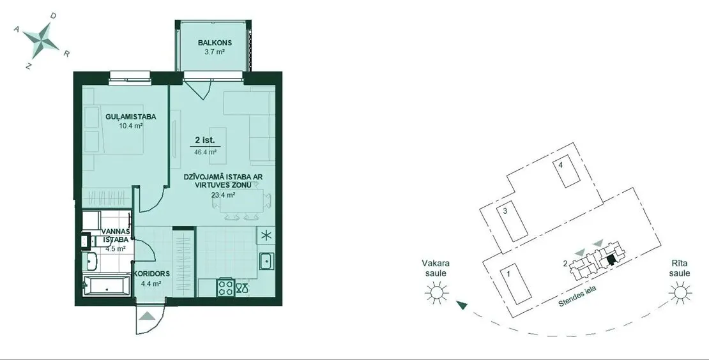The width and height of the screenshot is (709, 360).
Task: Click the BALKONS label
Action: point(215,43)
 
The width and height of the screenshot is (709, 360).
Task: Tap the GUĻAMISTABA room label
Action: point(131,117)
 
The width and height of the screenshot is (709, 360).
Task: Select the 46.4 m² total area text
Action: point(205,152)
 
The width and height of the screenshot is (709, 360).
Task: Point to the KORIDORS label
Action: point(151,274)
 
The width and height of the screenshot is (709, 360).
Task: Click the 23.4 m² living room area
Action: point(223,195)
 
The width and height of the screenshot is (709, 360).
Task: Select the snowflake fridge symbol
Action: point(266,236)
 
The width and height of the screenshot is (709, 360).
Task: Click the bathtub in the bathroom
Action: point(107,285)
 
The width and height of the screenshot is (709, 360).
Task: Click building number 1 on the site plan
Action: point(516,285)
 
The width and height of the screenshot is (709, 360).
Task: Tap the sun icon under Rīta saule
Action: point(680,293)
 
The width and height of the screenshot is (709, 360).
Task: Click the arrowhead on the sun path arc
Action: point(461,305)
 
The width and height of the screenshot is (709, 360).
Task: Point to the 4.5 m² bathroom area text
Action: point(115,248)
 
